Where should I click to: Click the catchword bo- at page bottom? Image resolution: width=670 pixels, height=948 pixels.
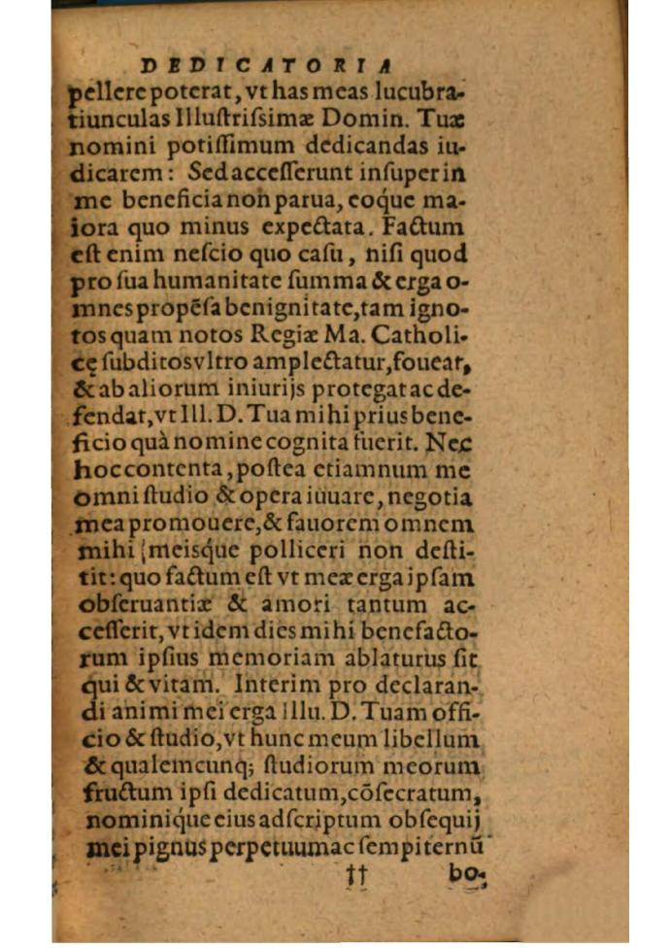click(467, 873)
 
